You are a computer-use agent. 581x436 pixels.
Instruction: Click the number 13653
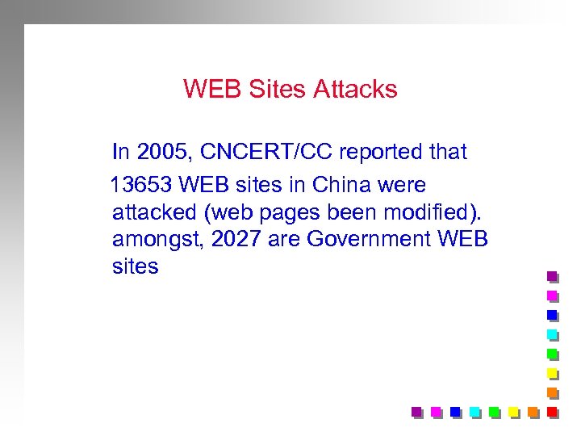pyautogui.click(x=141, y=186)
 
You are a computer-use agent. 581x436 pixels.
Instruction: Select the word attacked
pyautogui.click(x=153, y=213)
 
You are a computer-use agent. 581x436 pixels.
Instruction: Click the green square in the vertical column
pyautogui.click(x=553, y=354)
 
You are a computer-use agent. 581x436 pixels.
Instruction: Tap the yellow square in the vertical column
pyautogui.click(x=553, y=373)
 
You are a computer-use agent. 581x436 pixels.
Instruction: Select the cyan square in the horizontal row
pyautogui.click(x=475, y=412)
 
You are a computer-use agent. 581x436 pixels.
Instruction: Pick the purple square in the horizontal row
pyautogui.click(x=417, y=412)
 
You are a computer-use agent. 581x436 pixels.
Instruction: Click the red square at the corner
pyautogui.click(x=553, y=412)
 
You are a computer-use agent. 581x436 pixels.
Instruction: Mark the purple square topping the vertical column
pyautogui.click(x=553, y=276)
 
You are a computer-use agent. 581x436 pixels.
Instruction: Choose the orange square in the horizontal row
pyautogui.click(x=533, y=412)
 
